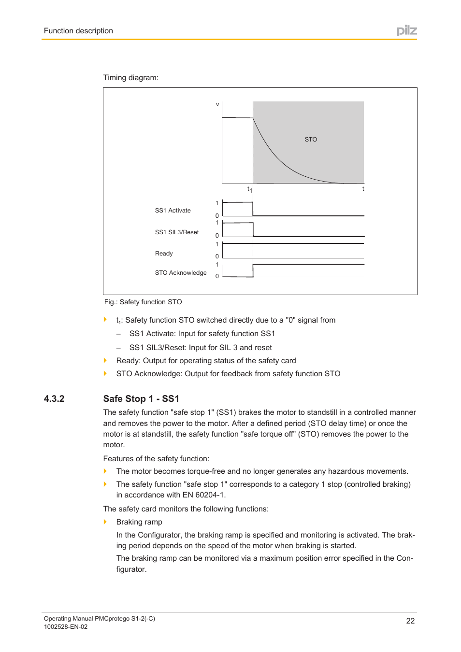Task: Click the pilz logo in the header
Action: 406,31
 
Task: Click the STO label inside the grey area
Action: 311,140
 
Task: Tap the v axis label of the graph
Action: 217,104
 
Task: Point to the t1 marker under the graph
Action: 249,189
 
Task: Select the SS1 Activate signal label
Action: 173,211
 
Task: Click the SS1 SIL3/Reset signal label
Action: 176,232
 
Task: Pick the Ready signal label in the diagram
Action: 164,254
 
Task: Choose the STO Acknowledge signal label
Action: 180,273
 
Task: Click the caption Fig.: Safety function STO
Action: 143,302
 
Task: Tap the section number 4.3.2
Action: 54,399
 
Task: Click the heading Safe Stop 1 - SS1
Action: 141,399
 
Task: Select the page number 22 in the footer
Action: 410,621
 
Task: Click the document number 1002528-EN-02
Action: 66,627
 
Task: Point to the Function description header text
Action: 78,31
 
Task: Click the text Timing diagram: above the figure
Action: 130,78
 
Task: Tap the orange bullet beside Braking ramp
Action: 105,522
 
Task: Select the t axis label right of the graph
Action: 363,189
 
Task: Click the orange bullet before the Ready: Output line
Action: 105,360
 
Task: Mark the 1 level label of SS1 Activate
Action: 217,203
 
